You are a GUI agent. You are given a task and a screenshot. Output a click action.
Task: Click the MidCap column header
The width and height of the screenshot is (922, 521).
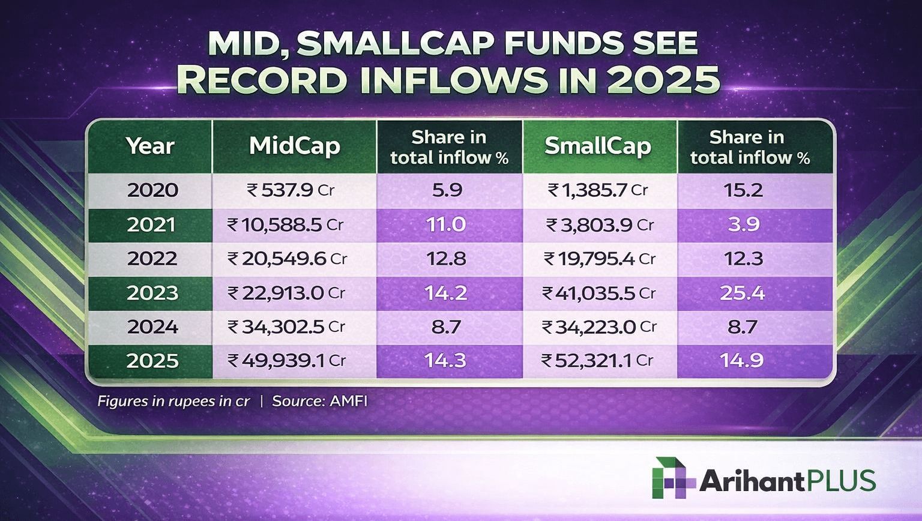(x=294, y=146)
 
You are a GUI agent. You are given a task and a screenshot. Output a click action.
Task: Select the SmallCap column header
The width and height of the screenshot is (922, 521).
(x=598, y=146)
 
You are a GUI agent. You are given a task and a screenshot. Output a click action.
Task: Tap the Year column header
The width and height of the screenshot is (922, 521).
(x=150, y=146)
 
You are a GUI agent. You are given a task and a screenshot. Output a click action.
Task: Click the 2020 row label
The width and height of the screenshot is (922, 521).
(x=152, y=190)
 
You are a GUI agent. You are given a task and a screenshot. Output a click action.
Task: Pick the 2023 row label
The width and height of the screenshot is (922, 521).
(x=152, y=293)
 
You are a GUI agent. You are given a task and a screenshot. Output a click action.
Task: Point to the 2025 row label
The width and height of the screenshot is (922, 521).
(x=152, y=361)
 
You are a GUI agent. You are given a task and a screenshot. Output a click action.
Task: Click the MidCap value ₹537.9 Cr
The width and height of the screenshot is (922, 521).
(x=291, y=190)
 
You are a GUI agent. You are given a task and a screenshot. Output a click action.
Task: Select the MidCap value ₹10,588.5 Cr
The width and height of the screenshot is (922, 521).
(x=286, y=224)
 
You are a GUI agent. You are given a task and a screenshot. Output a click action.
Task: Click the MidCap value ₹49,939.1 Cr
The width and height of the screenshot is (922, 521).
(x=287, y=361)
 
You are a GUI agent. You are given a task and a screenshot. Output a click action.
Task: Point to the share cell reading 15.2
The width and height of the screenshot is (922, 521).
(x=744, y=190)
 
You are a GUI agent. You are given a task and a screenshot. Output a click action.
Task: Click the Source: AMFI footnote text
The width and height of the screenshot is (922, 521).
(x=319, y=401)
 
